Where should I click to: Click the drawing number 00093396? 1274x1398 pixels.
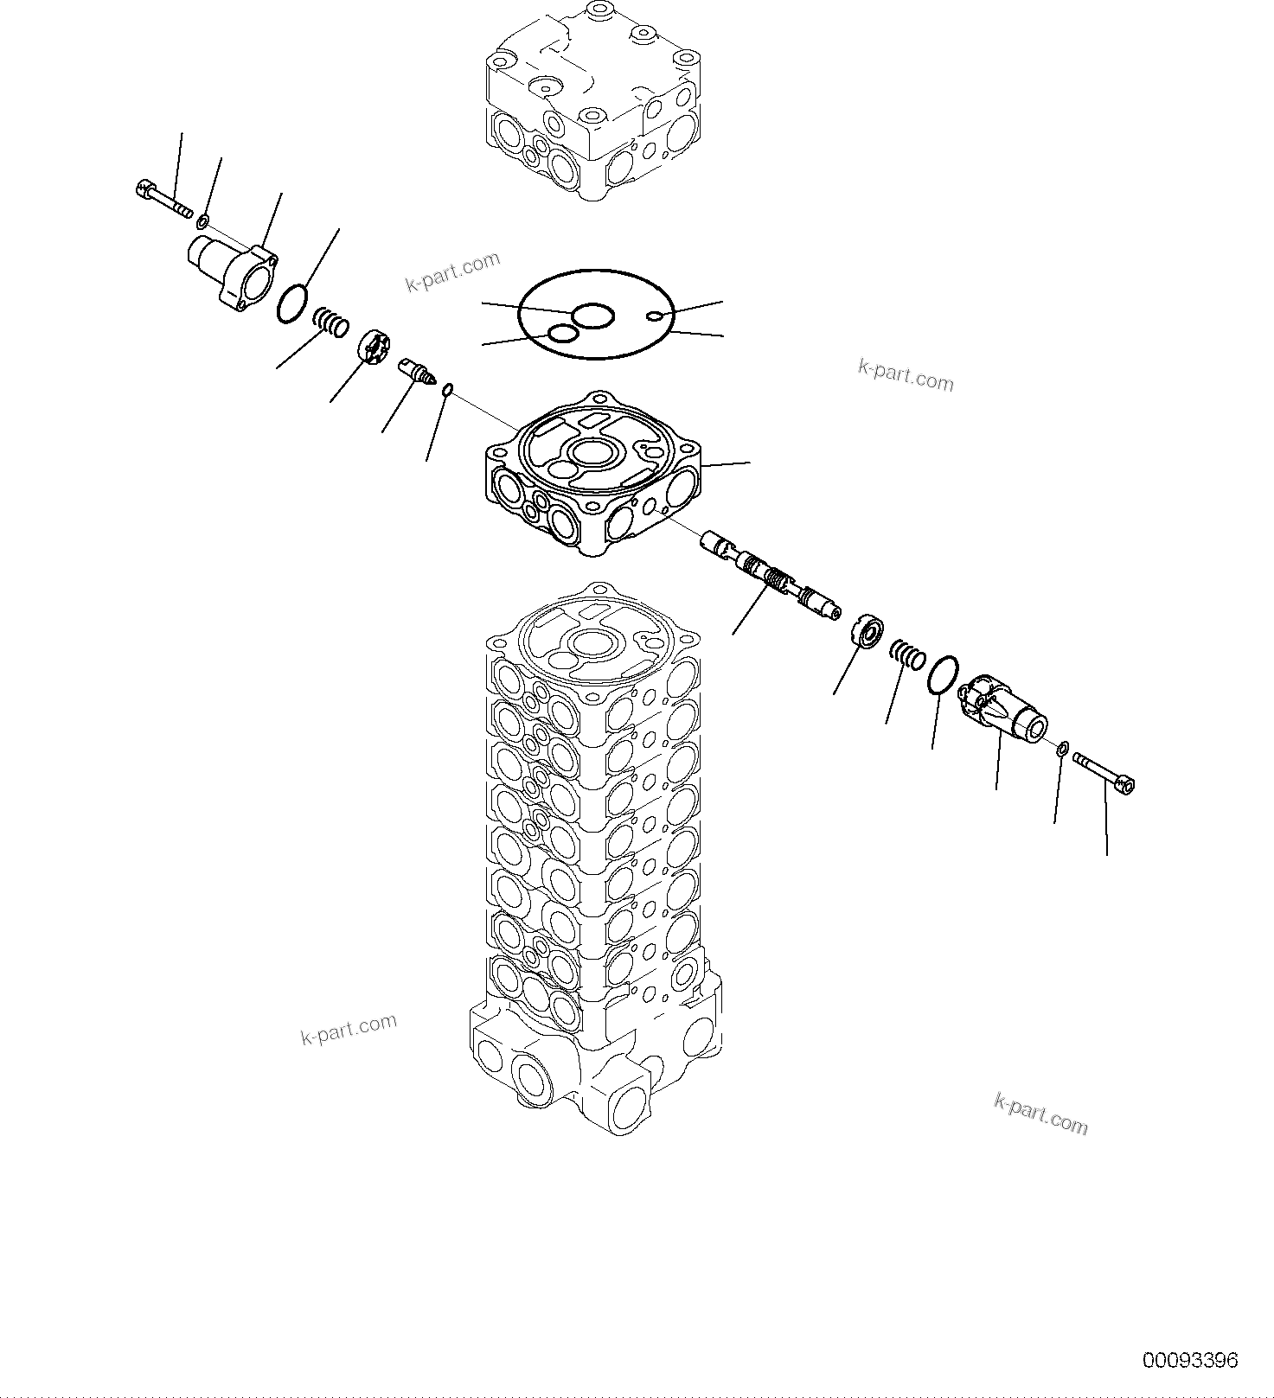tap(1190, 1360)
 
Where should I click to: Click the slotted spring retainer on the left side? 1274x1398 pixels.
tap(374, 349)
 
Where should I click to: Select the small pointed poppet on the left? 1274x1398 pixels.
tap(416, 373)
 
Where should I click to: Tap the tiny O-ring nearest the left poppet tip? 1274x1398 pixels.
tap(446, 393)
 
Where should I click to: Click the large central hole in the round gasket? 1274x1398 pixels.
tap(593, 316)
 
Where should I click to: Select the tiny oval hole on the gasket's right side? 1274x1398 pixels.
tap(657, 315)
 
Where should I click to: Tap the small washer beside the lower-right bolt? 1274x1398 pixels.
tap(1063, 747)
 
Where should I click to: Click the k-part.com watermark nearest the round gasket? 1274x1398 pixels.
tap(452, 272)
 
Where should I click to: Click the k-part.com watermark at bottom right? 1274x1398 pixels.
tap(1040, 1114)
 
